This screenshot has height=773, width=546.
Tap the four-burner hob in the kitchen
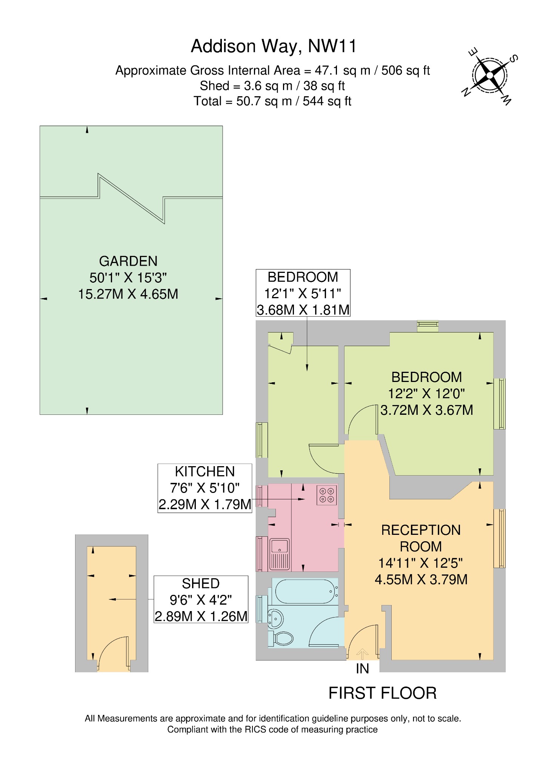pyautogui.click(x=327, y=495)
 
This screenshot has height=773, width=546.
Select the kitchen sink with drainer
pyautogui.click(x=280, y=554)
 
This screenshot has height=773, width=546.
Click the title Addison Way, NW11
pyautogui.click(x=274, y=46)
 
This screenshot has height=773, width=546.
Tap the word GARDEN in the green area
pyautogui.click(x=128, y=261)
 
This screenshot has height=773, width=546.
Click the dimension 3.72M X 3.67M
pyautogui.click(x=426, y=410)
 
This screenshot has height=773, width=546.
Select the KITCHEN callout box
pyautogui.click(x=205, y=488)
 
